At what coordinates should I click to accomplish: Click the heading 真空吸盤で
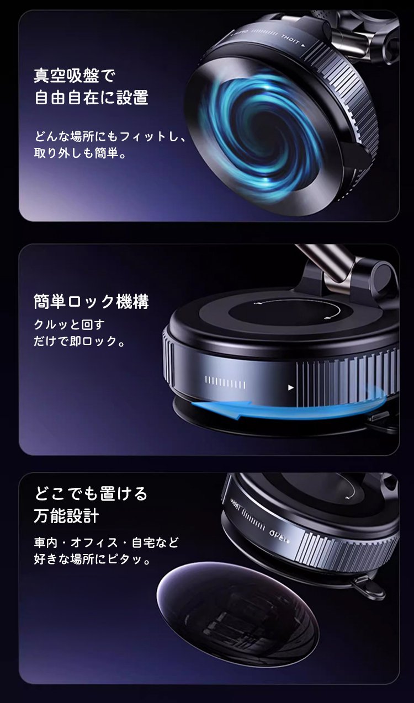pos(75,76)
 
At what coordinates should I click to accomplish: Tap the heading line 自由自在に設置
pos(91,97)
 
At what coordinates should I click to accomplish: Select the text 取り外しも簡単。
pos(81,153)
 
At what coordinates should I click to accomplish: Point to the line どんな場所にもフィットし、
pos(110,136)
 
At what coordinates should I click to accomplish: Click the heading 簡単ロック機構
pos(91,302)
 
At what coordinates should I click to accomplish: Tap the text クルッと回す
pos(69,324)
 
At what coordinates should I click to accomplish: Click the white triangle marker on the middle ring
pos(291,387)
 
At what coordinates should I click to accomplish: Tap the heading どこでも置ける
pos(91,494)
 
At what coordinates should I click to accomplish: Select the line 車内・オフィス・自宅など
pos(107,542)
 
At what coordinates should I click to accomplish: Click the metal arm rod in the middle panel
pos(326,264)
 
